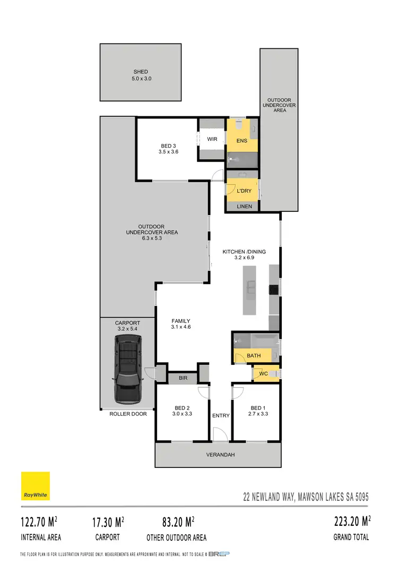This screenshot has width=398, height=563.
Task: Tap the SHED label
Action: [141, 72]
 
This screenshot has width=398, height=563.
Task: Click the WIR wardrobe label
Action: [212, 139]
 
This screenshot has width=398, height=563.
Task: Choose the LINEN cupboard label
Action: [244, 207]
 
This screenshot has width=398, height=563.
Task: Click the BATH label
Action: [254, 355]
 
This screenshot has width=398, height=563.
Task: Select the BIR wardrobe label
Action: [183, 378]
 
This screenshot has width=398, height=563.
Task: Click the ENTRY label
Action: [221, 415]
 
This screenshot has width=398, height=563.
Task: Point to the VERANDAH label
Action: [220, 455]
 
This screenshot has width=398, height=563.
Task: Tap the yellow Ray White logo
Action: [36, 485]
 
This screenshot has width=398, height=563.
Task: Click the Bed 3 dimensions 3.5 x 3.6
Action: [168, 152]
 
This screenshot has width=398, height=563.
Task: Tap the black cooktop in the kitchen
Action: [273, 289]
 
